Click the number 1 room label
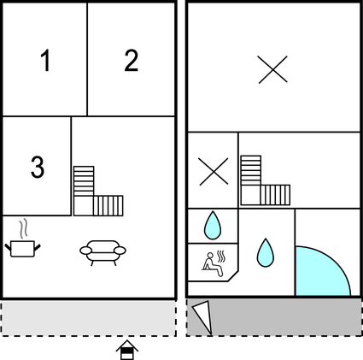click(45, 60)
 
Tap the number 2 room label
click(132, 60)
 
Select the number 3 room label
click(38, 167)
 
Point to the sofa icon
click(102, 252)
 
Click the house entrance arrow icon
click(127, 350)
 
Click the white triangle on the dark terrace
click(204, 316)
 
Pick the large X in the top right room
click(272, 69)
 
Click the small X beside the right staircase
click(214, 172)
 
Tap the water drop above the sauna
click(213, 225)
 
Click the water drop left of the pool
click(266, 252)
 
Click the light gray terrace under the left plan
click(88, 318)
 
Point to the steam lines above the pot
click(24, 228)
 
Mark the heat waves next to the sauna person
click(221, 257)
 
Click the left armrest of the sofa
click(85, 251)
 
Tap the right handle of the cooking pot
click(37, 247)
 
